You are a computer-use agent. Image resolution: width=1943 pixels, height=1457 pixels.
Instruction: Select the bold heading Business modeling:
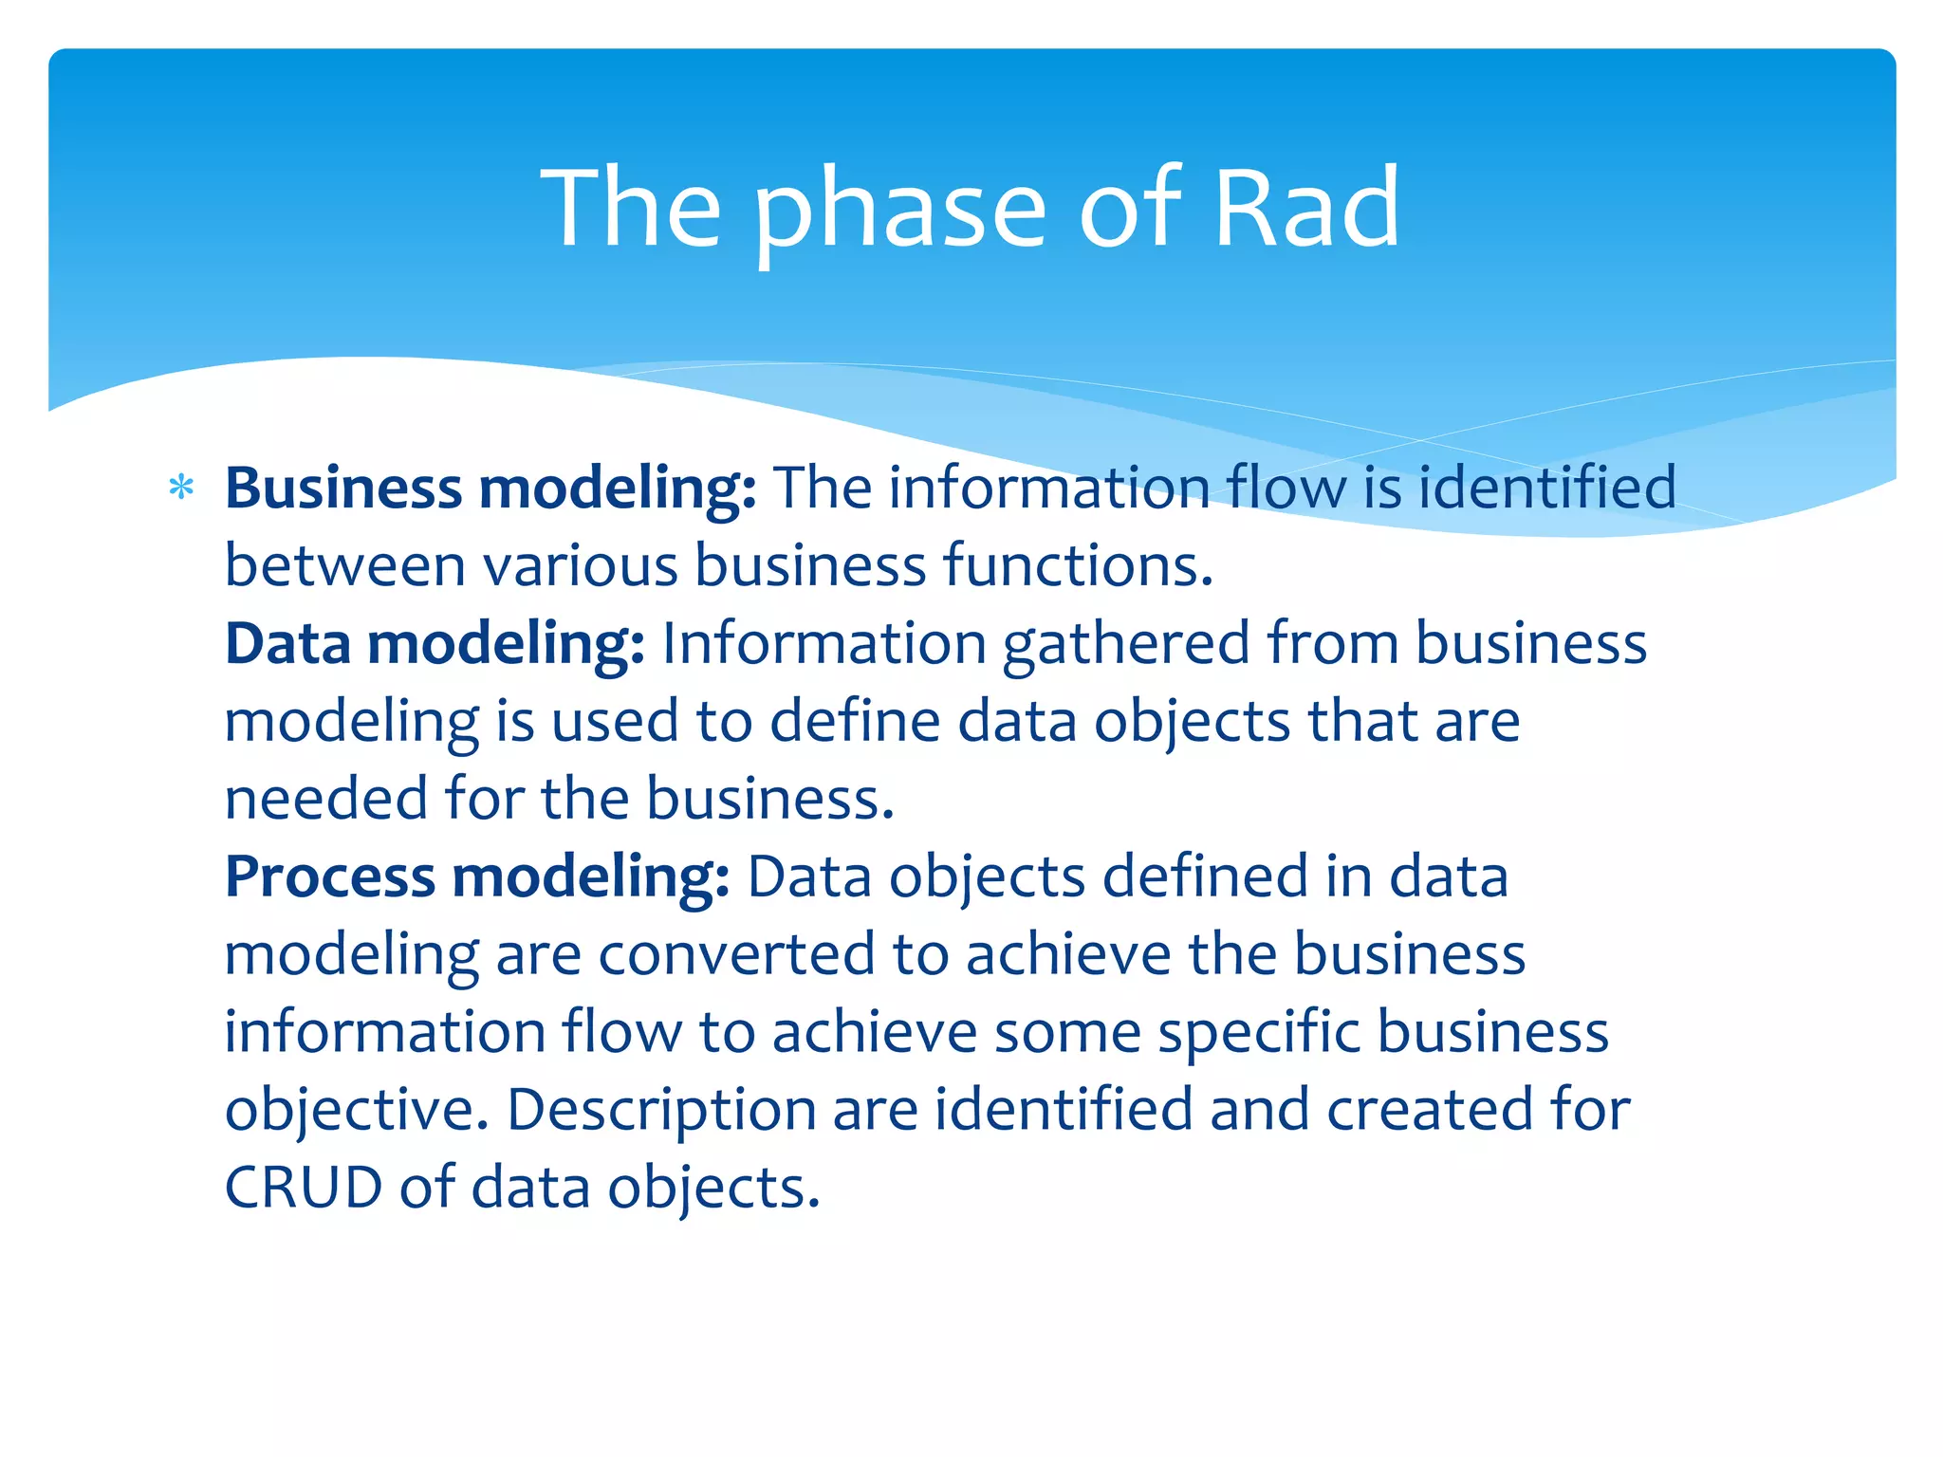490,489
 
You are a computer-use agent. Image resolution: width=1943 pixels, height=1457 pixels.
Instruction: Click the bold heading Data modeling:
435,644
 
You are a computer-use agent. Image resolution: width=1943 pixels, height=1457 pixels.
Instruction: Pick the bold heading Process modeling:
476,876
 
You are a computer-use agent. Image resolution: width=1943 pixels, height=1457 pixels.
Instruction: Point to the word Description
660,1111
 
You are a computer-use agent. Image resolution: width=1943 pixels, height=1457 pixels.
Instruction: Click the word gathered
1126,645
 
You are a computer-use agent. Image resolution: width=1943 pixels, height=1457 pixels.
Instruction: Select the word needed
325,799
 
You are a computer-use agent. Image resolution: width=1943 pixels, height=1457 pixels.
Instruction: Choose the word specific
1259,1033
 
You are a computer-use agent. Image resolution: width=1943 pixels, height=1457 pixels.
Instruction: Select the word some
1067,1033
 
